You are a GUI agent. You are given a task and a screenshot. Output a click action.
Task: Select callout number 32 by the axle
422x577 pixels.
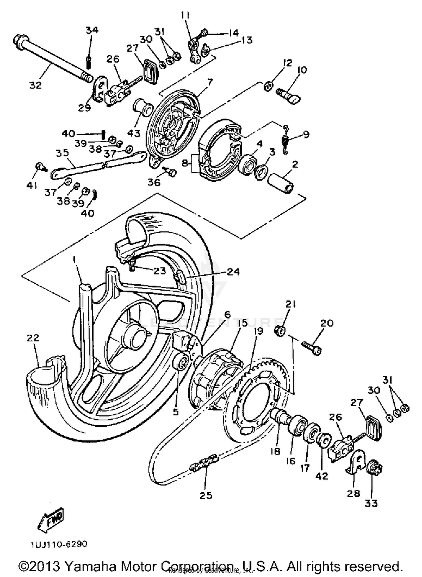(35, 85)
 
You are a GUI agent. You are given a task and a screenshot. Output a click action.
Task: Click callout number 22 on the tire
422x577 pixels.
(33, 338)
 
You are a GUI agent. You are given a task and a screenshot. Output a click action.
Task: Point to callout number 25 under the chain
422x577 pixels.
(206, 495)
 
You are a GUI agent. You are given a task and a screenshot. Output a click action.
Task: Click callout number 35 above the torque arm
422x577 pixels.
(62, 153)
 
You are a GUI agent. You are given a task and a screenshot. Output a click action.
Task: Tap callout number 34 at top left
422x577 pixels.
(92, 30)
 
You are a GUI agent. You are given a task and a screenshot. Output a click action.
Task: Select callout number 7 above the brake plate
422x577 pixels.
(209, 82)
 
